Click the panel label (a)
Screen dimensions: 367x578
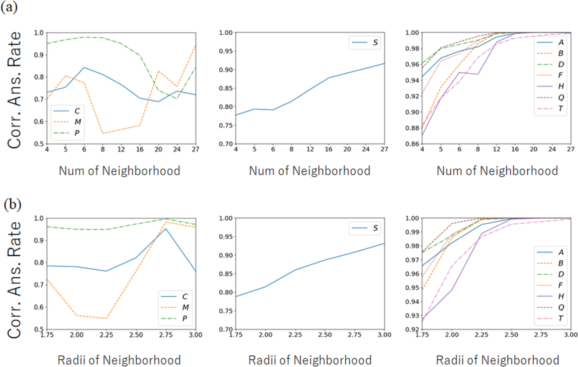click(9, 7)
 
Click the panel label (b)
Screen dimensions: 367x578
click(12, 204)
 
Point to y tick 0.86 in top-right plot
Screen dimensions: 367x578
click(412, 144)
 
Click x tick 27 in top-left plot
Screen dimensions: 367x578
click(195, 149)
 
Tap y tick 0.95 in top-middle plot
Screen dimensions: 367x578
click(226, 51)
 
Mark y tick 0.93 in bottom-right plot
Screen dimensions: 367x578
click(412, 316)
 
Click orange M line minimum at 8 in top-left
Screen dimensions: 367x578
click(103, 134)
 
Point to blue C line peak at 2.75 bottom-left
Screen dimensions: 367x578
click(166, 229)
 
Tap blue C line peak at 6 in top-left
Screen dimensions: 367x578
click(84, 68)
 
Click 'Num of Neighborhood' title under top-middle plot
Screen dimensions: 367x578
click(309, 171)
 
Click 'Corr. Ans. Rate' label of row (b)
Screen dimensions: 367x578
click(14, 280)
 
